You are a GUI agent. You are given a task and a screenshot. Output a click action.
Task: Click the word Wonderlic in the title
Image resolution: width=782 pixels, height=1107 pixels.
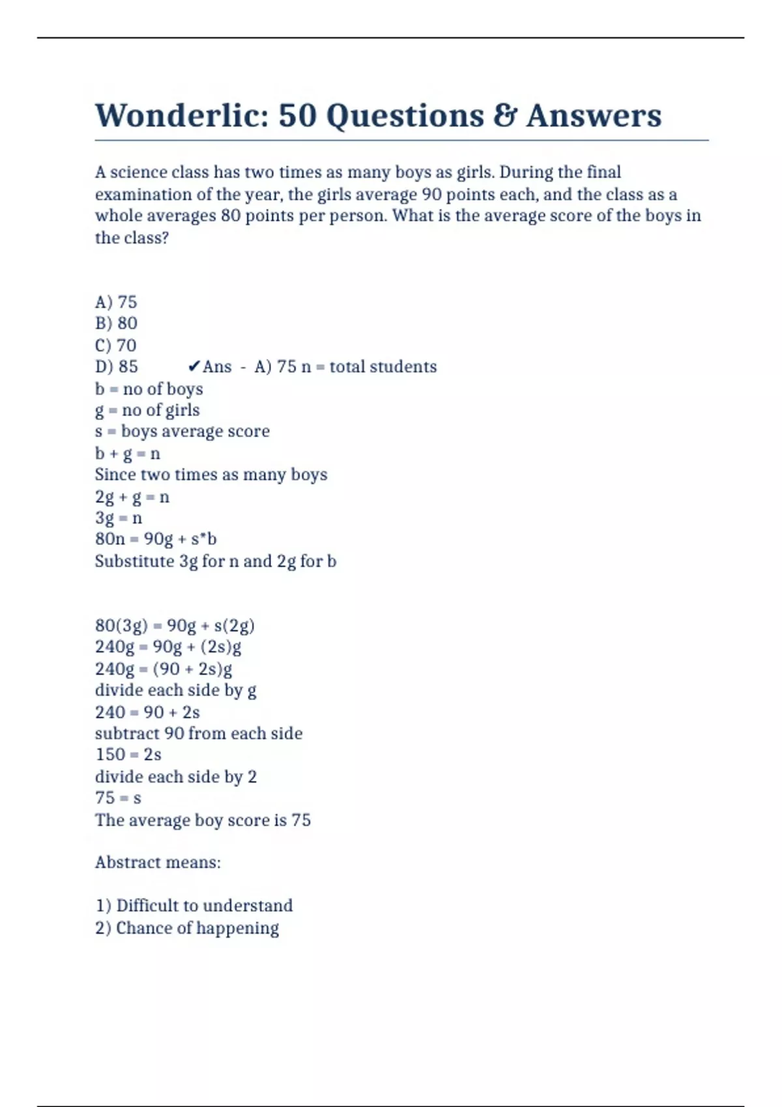point(182,116)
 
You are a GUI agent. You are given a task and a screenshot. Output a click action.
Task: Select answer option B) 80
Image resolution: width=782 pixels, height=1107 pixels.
point(116,324)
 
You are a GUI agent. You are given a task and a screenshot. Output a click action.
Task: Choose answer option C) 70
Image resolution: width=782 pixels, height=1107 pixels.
point(116,345)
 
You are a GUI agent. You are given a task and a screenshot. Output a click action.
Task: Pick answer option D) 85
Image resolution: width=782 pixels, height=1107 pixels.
point(117,367)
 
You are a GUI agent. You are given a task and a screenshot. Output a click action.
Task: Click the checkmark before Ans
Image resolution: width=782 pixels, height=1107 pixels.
point(194,367)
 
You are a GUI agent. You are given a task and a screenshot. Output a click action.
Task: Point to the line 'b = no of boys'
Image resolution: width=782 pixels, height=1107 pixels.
point(149,389)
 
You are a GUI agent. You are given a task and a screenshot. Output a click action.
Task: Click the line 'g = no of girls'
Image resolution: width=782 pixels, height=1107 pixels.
point(147,410)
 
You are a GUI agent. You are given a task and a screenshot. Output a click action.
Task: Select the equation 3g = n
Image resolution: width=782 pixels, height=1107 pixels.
point(118,518)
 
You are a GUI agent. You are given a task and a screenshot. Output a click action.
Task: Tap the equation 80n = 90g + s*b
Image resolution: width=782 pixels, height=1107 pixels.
point(156,539)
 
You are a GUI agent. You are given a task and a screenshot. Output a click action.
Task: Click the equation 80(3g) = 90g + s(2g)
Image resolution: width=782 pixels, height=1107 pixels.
point(175,626)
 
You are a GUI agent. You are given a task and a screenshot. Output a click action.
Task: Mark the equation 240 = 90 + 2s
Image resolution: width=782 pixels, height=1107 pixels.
point(147,712)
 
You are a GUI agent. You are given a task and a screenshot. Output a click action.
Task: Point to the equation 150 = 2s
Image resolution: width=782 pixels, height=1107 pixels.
point(128,755)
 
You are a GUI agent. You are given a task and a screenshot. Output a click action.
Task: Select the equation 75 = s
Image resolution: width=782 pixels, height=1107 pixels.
point(118,798)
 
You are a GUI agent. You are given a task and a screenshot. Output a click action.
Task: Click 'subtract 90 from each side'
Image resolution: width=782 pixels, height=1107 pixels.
point(199,733)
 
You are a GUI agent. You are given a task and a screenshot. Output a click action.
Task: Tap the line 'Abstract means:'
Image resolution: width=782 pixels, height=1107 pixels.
point(158,862)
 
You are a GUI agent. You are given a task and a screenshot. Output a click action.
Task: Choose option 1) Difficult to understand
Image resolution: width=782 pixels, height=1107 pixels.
point(194,906)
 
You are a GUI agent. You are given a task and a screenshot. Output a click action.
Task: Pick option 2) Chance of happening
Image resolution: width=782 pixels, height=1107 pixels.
point(187,928)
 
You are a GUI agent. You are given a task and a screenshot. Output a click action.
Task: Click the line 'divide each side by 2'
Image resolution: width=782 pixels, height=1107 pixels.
point(176,776)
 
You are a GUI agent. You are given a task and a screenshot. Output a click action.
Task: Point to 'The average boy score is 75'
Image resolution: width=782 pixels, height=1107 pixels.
point(203,820)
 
